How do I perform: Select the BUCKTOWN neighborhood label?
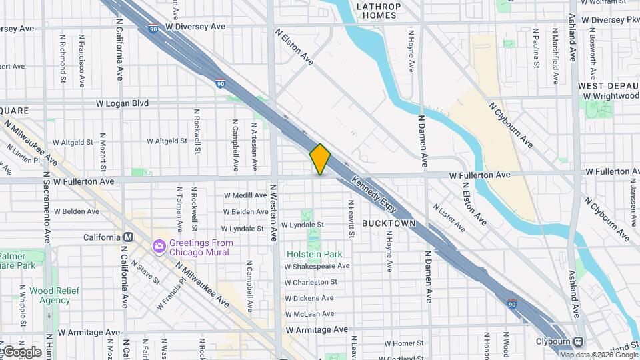[389, 223]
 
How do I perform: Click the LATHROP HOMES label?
[379, 11]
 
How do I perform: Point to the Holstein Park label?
[314, 254]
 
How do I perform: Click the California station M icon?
[129, 237]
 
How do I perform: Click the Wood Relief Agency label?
[54, 295]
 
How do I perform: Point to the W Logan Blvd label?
[122, 103]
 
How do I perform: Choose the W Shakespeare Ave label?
[317, 266]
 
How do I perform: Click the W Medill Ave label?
[245, 195]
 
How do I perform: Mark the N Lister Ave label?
[449, 218]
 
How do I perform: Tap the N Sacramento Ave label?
[47, 207]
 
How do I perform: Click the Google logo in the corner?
[22, 352]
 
